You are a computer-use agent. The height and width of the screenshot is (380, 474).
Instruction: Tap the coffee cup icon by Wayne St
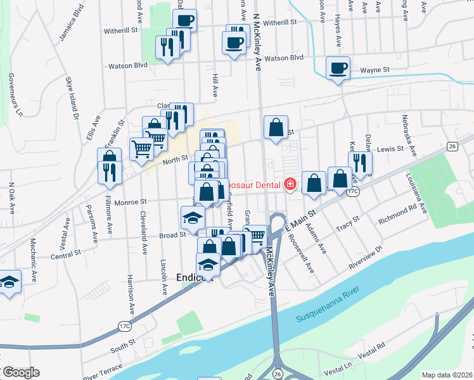tap(338, 67)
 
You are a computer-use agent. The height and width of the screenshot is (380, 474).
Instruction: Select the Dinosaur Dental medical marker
tap(290, 184)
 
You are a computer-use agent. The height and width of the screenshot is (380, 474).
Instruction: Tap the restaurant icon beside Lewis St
tap(359, 162)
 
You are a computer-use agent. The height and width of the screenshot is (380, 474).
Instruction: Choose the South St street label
tap(118, 346)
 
